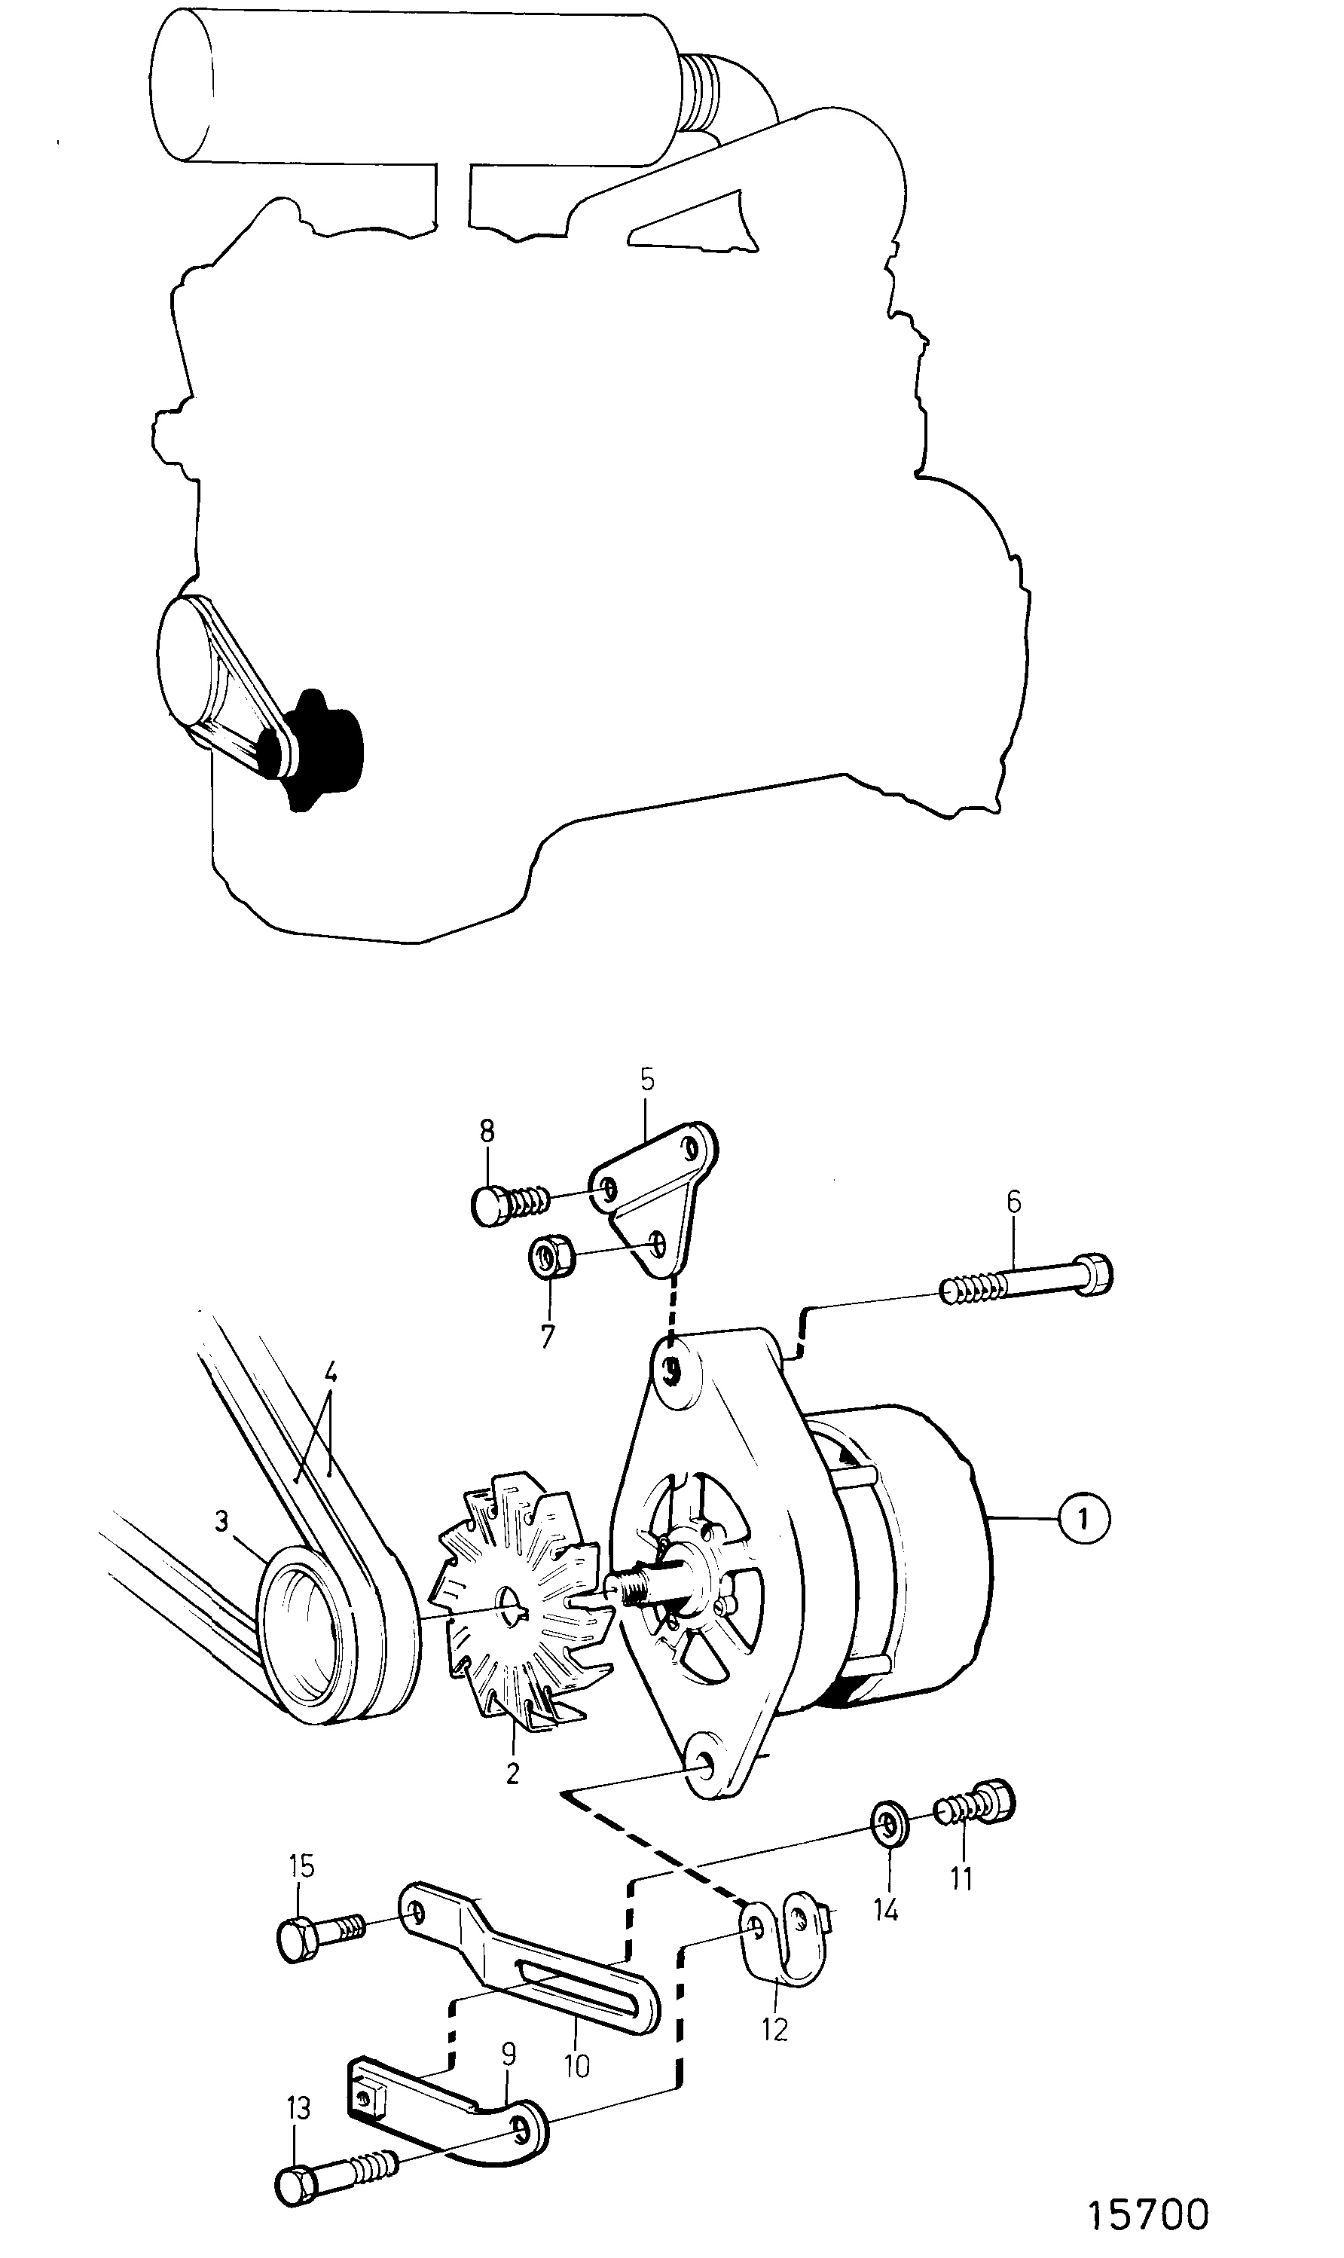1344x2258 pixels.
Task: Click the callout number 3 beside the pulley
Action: click(x=222, y=1523)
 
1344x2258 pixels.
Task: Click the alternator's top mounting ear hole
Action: click(x=672, y=1368)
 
